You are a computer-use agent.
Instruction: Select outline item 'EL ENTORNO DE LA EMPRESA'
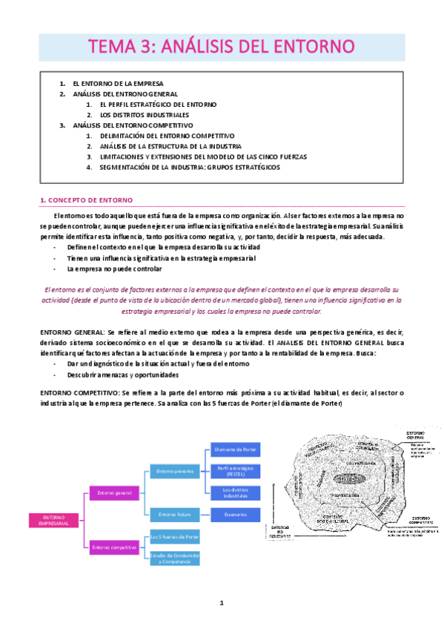118,84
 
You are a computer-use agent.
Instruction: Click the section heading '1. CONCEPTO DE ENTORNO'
86,200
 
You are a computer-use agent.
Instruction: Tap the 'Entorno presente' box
175,470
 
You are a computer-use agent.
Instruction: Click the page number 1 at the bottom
222,603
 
